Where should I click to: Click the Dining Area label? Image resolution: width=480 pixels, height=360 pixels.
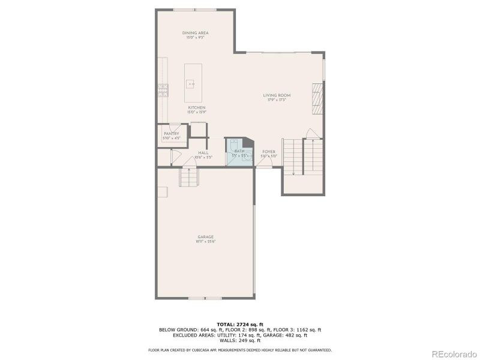[195, 32]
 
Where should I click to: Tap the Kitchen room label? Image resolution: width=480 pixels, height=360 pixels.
[196, 108]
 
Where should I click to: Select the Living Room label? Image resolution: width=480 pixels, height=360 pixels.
[277, 95]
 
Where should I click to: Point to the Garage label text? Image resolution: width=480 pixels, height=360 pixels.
[206, 236]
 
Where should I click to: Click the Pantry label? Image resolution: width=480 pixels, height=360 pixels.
[171, 134]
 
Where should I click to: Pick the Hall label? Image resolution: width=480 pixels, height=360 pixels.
[203, 152]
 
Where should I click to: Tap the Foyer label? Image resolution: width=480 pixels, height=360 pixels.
[269, 152]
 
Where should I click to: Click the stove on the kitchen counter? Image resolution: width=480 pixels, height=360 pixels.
[163, 90]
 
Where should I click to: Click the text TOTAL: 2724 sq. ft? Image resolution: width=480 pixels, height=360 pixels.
[239, 324]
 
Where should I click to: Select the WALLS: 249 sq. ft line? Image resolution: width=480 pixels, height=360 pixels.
[239, 340]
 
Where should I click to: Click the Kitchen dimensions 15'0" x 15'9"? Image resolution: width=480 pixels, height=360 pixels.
[196, 112]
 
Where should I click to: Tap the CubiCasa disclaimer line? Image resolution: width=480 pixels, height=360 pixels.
[239, 350]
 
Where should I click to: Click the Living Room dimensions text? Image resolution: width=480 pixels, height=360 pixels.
[277, 100]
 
